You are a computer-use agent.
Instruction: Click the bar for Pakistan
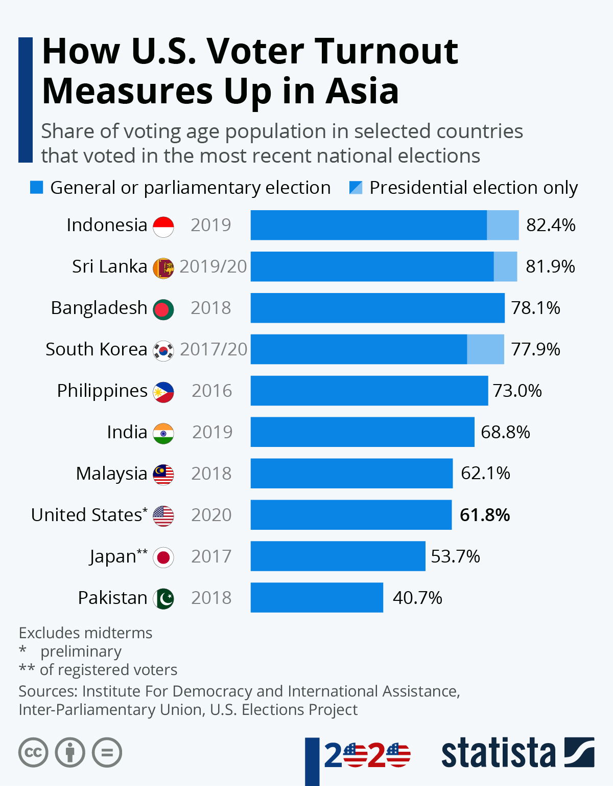pos(317,597)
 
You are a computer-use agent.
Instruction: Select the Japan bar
pos(338,556)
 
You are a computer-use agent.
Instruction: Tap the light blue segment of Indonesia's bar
pos(503,225)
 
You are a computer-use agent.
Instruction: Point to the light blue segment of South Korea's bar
pos(485,349)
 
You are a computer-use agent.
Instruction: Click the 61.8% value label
pos(485,515)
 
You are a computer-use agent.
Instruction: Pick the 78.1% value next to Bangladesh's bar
pos(535,308)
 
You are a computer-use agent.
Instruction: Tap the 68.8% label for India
pos(505,432)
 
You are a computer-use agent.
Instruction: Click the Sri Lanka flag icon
pos(163,268)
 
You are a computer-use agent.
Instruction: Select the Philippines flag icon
pos(163,392)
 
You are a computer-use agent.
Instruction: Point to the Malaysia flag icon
pos(163,475)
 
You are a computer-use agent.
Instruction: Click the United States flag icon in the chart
pos(163,516)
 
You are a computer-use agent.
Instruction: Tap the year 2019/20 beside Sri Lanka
pos(213,266)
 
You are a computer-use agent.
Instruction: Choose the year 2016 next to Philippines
pos(211,391)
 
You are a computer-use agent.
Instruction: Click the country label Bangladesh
pos(99,308)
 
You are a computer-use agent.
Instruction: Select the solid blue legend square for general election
pos(37,188)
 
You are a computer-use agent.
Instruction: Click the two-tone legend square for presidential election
pos(356,188)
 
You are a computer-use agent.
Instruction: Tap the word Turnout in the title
pos(386,51)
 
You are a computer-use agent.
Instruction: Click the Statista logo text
pos(498,753)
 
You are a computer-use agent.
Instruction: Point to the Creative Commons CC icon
pos(33,753)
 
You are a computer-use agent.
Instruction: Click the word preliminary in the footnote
pos(81,652)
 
